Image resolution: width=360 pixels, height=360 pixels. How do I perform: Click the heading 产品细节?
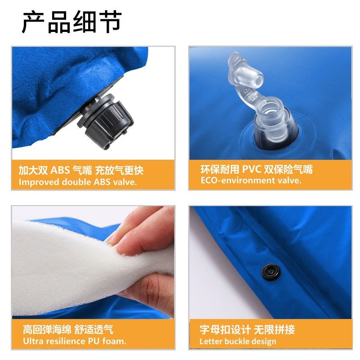click(72, 22)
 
